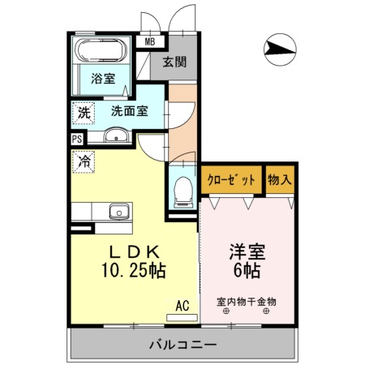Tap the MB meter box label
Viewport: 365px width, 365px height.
point(151,41)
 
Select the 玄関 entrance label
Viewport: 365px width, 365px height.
point(174,62)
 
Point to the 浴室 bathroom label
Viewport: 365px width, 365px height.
point(103,79)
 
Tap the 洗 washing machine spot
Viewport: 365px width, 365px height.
point(84,114)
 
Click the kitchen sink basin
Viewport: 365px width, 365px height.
point(121,213)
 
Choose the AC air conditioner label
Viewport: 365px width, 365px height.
point(183,305)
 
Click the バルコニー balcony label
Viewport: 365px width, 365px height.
point(182,346)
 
